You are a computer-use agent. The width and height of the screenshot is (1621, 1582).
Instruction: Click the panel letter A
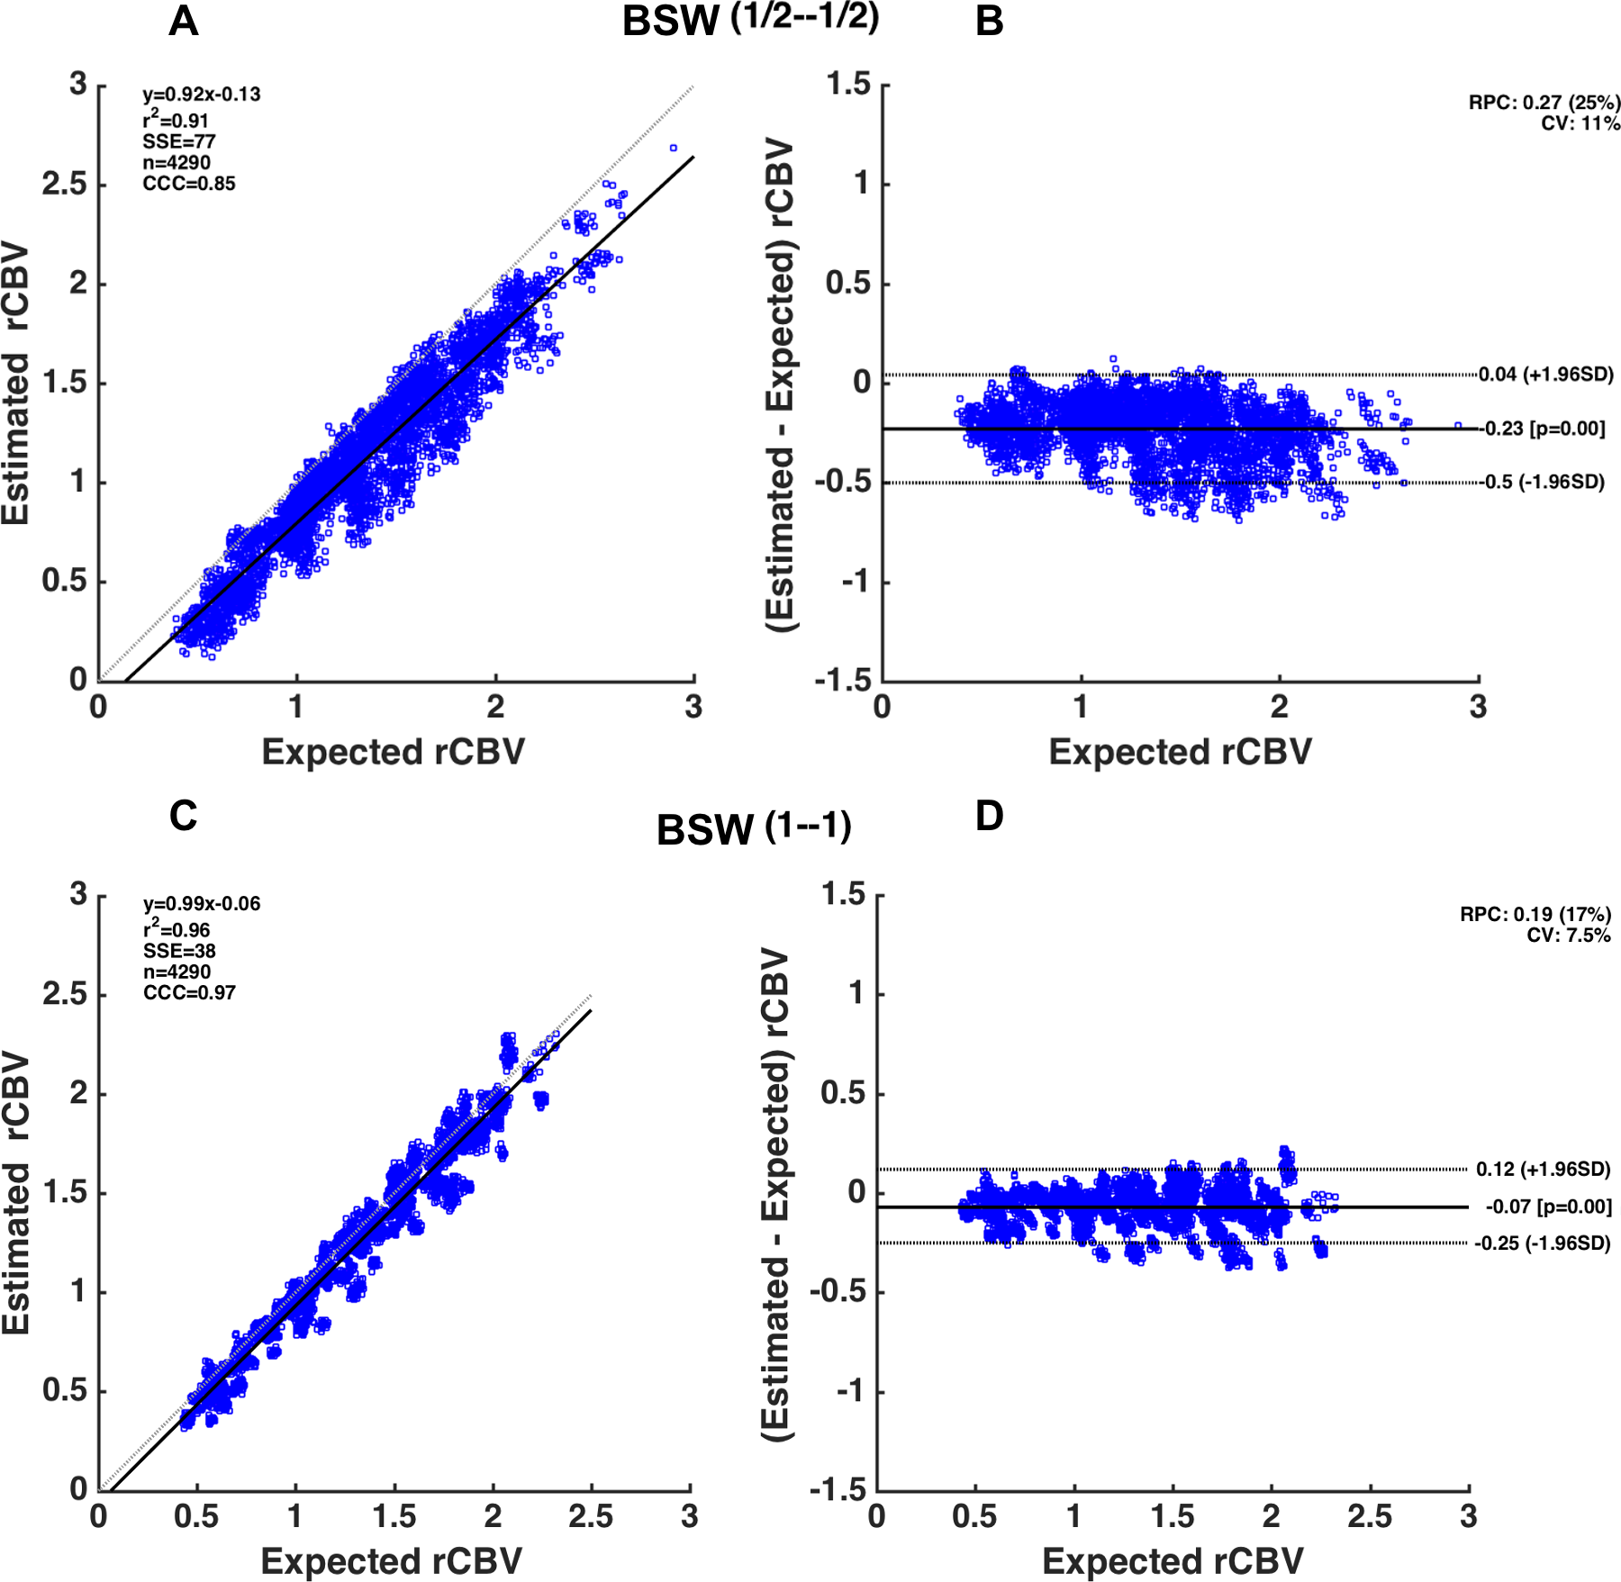183,21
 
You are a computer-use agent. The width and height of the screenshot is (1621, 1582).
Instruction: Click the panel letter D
989,817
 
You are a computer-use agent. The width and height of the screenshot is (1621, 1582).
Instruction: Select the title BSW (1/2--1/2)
750,20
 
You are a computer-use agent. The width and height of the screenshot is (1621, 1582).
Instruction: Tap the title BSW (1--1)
754,828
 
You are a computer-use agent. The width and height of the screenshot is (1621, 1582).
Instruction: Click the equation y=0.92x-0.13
201,95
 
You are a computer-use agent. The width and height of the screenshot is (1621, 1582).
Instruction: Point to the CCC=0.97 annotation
189,993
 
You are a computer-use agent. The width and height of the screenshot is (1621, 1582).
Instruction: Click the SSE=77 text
178,141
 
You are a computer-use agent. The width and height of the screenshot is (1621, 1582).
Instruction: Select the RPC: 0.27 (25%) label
1544,103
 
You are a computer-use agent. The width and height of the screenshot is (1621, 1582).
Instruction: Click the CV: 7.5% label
1568,936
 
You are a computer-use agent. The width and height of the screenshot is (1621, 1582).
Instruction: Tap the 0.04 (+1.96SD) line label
1545,375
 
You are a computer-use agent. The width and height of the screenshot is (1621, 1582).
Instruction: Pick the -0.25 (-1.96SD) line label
1542,1243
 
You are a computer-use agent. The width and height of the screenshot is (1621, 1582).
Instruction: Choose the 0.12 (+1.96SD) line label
1543,1170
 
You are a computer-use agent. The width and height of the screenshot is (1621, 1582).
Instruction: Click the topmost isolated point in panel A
673,148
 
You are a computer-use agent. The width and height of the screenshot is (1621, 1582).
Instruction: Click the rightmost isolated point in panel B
1458,426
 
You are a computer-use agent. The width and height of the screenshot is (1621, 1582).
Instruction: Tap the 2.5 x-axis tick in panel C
591,1516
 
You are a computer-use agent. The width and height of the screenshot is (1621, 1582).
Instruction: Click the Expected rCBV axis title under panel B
1180,752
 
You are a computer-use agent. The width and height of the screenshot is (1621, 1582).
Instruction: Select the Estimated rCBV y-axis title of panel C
16,1192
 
